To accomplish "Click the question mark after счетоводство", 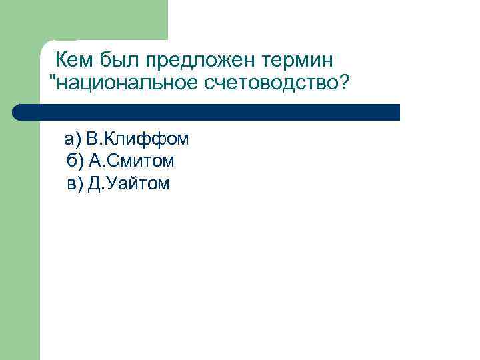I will pos(344,84).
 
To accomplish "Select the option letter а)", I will pos(72,139).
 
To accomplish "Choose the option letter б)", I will pos(75,161).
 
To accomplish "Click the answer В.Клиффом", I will pos(137,139).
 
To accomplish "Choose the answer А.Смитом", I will pos(130,161).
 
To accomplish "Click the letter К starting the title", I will pos(61,61).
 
